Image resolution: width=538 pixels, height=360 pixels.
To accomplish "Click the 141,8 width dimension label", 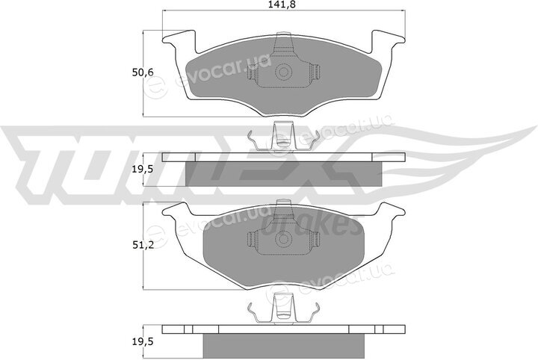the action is (x=283, y=4).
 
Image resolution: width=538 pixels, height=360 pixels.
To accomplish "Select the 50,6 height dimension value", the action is (x=143, y=72).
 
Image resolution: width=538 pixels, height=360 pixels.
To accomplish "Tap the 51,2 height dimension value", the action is (x=143, y=245).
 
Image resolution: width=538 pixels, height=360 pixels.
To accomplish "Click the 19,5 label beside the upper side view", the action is (x=143, y=169).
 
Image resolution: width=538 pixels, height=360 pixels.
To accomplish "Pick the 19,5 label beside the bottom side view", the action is (x=143, y=341).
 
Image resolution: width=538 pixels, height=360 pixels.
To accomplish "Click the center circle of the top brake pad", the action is (x=284, y=72).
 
